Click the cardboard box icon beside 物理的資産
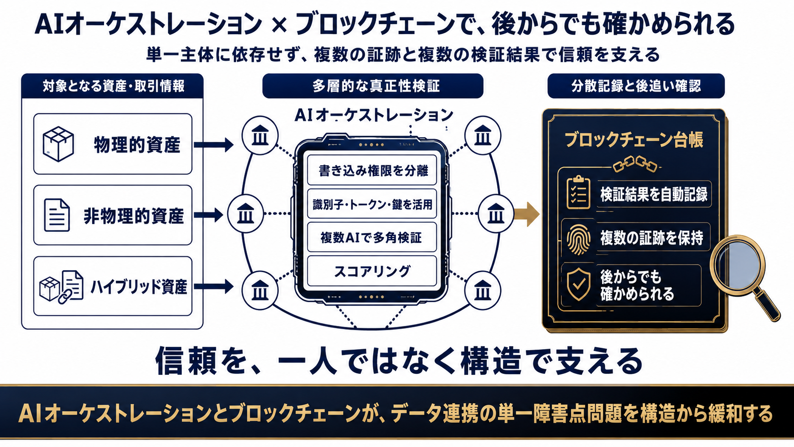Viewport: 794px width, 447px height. [x=58, y=144]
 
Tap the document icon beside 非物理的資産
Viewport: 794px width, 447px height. [x=57, y=215]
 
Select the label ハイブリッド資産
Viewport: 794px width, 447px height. [x=139, y=287]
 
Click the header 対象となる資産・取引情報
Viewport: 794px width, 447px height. [x=113, y=86]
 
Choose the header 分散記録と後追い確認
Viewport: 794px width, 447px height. [x=636, y=86]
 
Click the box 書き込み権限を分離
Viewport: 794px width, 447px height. [x=372, y=170]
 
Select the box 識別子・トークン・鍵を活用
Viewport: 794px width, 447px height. [x=372, y=204]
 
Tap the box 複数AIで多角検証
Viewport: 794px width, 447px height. [x=372, y=237]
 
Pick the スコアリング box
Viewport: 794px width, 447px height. [x=372, y=271]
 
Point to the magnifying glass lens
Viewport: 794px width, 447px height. [x=738, y=262]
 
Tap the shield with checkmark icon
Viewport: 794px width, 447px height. [x=578, y=284]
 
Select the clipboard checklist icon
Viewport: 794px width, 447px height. [x=578, y=192]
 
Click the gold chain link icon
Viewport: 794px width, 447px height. [x=635, y=164]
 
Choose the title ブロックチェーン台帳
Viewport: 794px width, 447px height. [x=634, y=140]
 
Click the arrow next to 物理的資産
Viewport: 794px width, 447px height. [x=213, y=144]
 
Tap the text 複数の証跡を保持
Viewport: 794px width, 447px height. [x=652, y=238]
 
